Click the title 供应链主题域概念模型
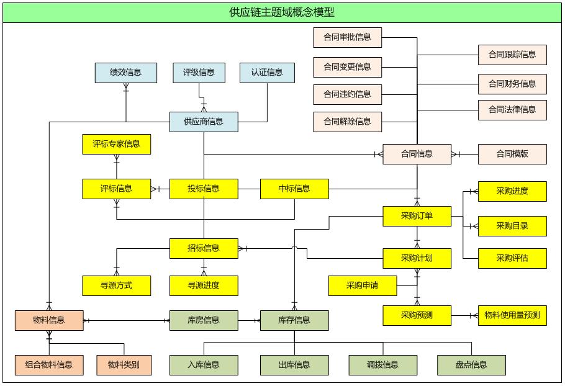[282, 12]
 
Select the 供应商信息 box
[204, 122]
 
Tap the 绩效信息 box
[125, 73]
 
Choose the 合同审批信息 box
[347, 37]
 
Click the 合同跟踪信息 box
[512, 55]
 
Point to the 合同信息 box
[417, 154]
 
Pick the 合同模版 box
[512, 154]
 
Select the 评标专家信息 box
[117, 144]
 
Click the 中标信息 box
[294, 189]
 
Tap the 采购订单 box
[417, 216]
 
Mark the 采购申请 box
[363, 285]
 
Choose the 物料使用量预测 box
[512, 315]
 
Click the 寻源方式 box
[117, 285]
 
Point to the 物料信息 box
[49, 320]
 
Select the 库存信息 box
[294, 320]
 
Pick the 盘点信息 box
[471, 365]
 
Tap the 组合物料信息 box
[49, 365]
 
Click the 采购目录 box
[512, 226]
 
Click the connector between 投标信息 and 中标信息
[249, 189]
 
